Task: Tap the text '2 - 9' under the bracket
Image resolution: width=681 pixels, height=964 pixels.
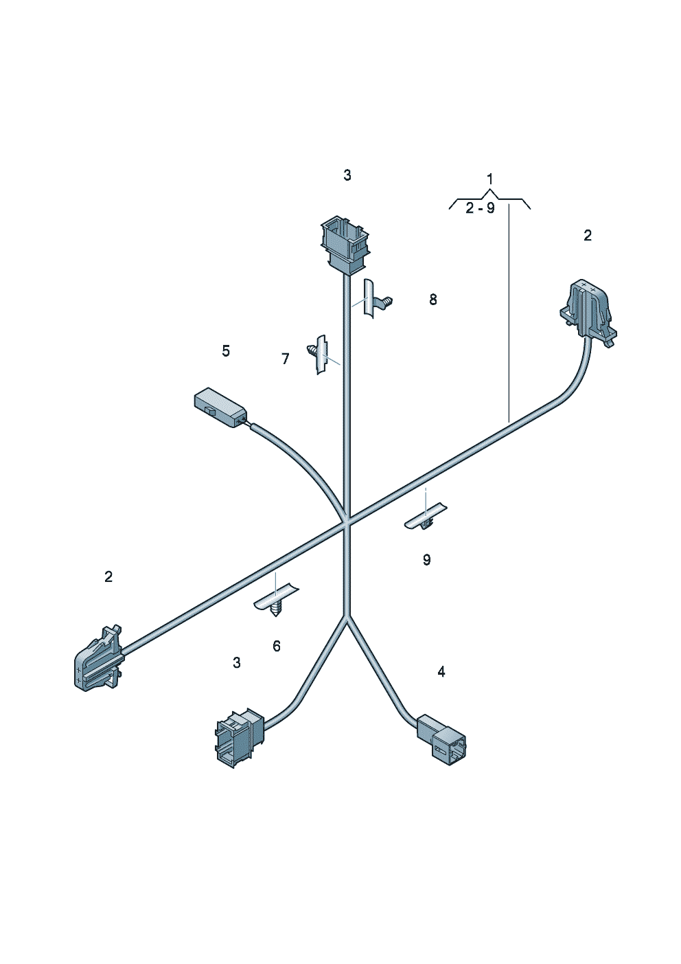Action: point(481,208)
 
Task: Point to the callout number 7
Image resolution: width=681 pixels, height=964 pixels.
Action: point(285,359)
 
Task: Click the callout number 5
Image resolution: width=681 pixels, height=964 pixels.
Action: point(226,350)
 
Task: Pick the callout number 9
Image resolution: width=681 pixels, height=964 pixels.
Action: point(426,560)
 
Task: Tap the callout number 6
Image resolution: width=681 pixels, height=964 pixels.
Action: point(277,646)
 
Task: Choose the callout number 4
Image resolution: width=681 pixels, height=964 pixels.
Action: point(441,671)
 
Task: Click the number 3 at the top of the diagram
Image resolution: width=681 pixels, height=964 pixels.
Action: point(347,175)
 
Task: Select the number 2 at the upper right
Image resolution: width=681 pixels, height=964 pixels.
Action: point(587,235)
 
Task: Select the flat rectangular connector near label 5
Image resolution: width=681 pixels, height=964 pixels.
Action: point(220,407)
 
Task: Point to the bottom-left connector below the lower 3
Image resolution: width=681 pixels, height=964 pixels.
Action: point(239,737)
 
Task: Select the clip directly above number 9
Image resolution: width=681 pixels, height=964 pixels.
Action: point(426,517)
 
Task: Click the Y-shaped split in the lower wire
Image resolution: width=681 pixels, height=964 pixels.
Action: point(347,617)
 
